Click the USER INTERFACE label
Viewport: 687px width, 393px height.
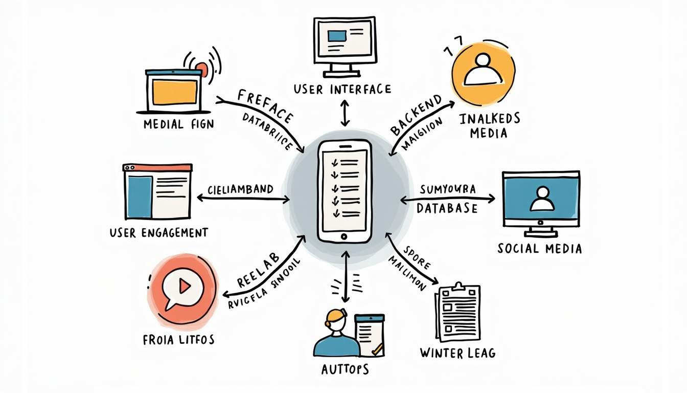click(x=342, y=90)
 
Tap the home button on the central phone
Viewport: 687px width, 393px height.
click(x=343, y=236)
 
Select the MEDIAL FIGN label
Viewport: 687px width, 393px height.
click(x=179, y=124)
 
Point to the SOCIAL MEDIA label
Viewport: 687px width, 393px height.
click(x=539, y=249)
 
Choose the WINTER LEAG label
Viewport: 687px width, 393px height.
click(x=457, y=353)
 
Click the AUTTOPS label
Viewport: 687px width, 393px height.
click(x=345, y=369)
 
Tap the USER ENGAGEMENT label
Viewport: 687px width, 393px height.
click(x=159, y=233)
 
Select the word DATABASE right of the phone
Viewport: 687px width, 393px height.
click(x=447, y=208)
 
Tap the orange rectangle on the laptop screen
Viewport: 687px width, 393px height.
click(x=175, y=92)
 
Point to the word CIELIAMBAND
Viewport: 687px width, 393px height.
click(x=240, y=189)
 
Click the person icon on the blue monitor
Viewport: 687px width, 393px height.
click(x=541, y=199)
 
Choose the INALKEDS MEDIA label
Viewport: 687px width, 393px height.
click(x=490, y=126)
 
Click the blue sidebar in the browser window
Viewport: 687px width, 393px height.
click(x=139, y=197)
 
